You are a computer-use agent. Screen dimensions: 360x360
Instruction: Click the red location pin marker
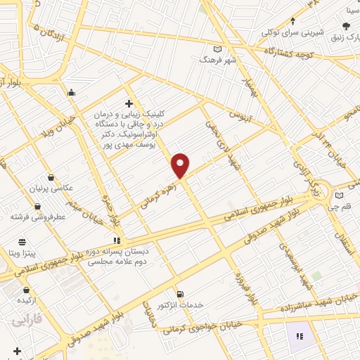click(x=181, y=165)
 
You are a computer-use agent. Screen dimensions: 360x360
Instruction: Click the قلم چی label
click(x=343, y=207)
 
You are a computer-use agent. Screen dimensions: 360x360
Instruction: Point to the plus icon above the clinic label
click(x=127, y=103)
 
